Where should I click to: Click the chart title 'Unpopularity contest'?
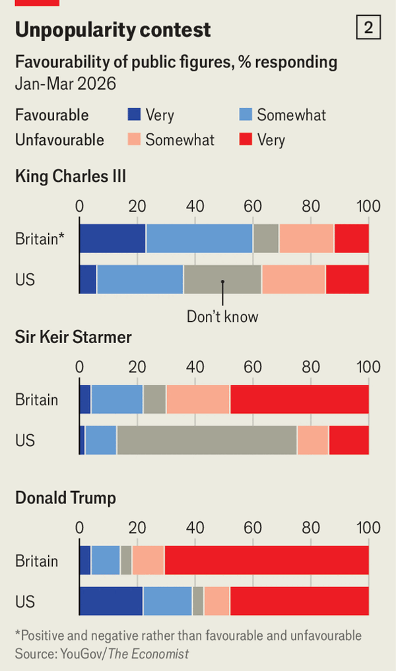tap(113, 30)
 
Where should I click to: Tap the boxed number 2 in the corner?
tap(368, 28)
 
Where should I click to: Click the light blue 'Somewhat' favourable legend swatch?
tap(245, 115)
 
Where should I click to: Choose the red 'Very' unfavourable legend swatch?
tap(245, 139)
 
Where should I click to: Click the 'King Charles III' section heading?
tap(71, 176)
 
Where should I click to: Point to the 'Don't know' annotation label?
tap(222, 316)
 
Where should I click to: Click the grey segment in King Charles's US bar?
tap(222, 279)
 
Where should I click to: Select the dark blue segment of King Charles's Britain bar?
tap(112, 238)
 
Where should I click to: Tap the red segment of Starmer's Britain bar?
tap(299, 400)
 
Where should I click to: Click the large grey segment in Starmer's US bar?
tap(207, 440)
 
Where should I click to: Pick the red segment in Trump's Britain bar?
tap(267, 561)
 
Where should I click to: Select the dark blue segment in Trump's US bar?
tap(111, 601)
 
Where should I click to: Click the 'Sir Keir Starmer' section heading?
tap(73, 337)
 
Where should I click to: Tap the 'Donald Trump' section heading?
tap(65, 498)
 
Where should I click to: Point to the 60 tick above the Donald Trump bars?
tap(253, 528)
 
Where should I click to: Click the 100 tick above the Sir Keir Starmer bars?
tap(368, 367)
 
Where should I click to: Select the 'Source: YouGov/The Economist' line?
tap(102, 654)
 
